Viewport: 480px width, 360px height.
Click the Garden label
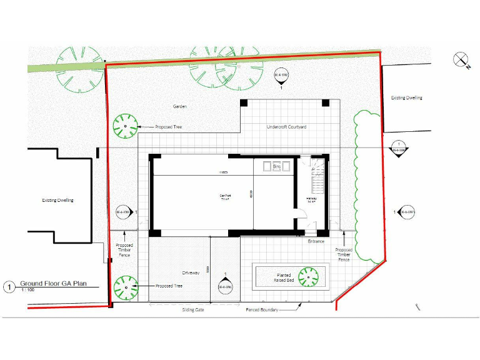(x=180, y=106)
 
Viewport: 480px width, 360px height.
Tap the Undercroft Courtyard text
(x=286, y=127)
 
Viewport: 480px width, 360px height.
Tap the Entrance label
(x=316, y=241)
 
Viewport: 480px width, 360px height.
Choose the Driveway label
(x=191, y=273)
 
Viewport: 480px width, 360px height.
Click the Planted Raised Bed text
(x=284, y=277)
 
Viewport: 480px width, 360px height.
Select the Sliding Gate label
(x=193, y=309)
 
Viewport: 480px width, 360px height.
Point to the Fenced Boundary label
(x=262, y=309)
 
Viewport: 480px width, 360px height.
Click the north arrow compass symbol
(x=462, y=60)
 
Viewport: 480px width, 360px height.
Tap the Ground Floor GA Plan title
(x=52, y=283)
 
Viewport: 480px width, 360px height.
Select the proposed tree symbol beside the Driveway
(x=125, y=286)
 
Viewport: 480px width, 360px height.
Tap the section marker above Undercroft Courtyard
(x=281, y=77)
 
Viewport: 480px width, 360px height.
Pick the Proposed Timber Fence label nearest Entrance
(x=344, y=254)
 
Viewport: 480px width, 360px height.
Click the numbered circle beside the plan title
(x=9, y=287)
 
